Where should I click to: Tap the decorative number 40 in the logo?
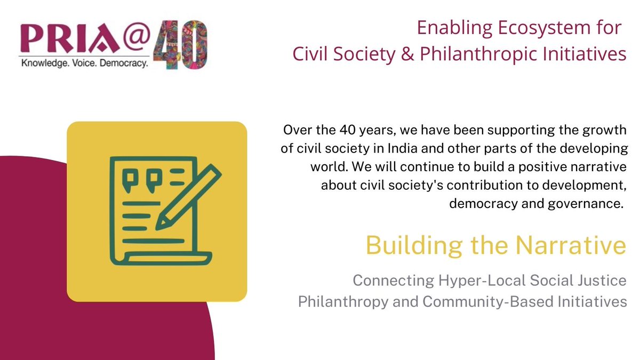(181, 45)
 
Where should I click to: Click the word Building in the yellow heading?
(407, 246)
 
